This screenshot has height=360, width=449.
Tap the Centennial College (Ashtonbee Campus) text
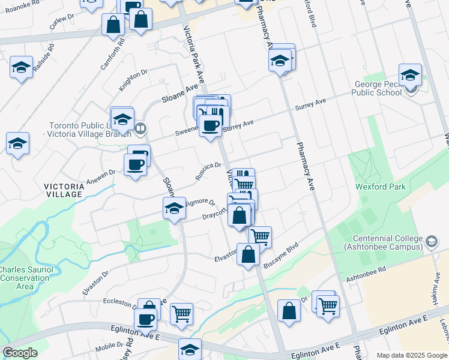coord(381,242)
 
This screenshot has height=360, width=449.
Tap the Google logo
coord(20,353)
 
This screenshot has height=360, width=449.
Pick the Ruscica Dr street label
coord(208,170)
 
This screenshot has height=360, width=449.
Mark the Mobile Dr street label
coord(109,347)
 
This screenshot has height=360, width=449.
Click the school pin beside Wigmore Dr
coord(174,209)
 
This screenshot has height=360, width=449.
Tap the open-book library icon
coord(140,128)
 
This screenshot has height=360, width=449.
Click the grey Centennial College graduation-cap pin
coord(431,242)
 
